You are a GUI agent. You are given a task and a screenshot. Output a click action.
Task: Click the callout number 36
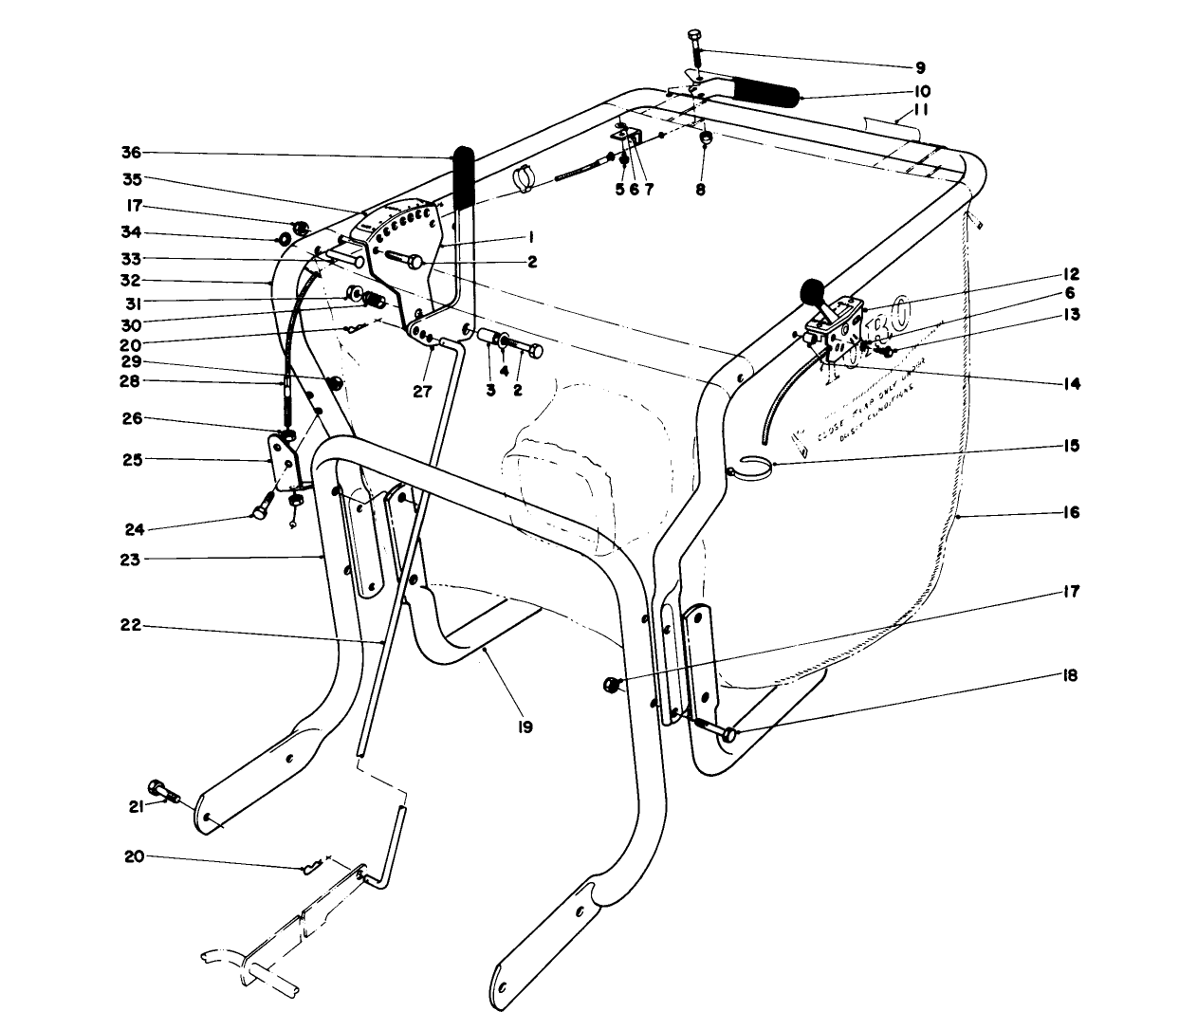[130, 154]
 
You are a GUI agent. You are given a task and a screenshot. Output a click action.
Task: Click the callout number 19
[525, 727]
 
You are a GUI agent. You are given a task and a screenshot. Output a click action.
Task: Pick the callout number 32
[130, 281]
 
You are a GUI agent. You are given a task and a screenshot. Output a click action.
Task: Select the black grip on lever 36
[464, 177]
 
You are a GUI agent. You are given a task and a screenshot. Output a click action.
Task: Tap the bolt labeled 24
[262, 513]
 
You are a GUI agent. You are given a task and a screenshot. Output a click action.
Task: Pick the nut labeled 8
[706, 139]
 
